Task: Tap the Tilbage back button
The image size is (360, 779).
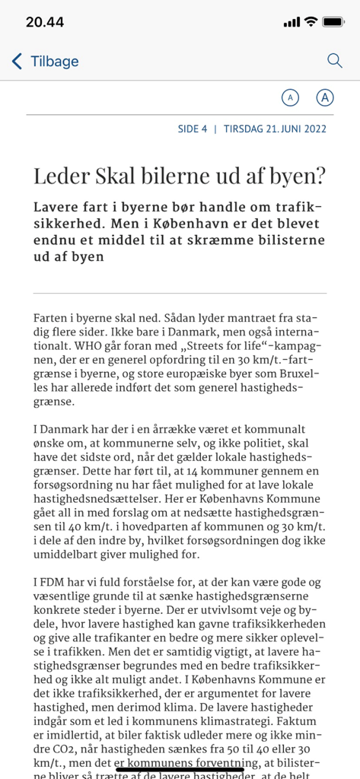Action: point(46,62)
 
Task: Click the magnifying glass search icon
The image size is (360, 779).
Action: point(334,61)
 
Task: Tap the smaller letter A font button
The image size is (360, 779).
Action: point(290,97)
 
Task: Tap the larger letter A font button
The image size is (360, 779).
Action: point(326,97)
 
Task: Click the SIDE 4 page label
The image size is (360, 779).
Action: point(193,129)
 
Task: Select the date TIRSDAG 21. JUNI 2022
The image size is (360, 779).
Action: point(275,129)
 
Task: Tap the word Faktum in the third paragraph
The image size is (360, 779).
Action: point(304,720)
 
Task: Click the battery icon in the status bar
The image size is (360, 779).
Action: point(333,22)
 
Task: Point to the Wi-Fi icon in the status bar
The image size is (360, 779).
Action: point(310,22)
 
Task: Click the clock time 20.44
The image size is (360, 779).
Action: point(45,22)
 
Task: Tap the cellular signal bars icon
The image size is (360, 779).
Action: point(292,22)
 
